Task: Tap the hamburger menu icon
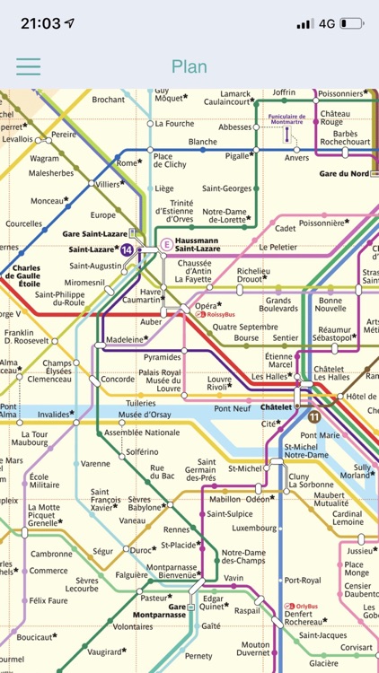[x=29, y=66]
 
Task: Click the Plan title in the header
[x=189, y=66]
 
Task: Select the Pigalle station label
[x=237, y=155]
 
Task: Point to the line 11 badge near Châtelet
[x=313, y=416]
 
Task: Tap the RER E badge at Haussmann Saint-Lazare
[x=165, y=244]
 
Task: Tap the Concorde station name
[x=118, y=380]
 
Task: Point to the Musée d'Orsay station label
[x=145, y=414]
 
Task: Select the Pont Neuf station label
[x=232, y=408]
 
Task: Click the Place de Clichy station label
[x=169, y=162]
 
